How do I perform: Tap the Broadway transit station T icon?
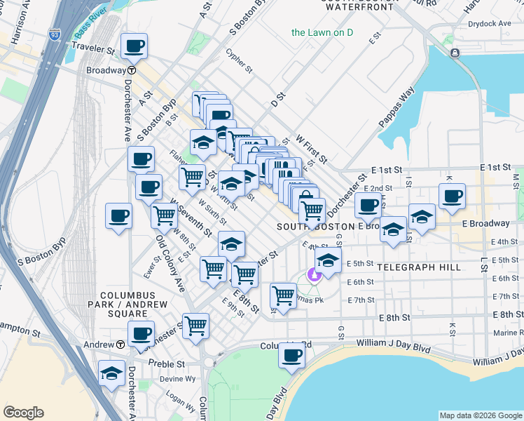(x=131, y=71)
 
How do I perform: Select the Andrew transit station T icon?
(x=120, y=345)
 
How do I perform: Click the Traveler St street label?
(x=93, y=51)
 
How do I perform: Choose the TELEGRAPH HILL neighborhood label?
(x=419, y=267)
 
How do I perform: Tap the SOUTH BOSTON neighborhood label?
(x=316, y=227)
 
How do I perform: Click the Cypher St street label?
(x=239, y=61)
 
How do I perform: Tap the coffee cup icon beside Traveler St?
(x=134, y=47)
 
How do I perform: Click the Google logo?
(x=23, y=413)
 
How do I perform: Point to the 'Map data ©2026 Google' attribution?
(x=481, y=415)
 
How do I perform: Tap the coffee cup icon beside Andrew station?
(x=141, y=334)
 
